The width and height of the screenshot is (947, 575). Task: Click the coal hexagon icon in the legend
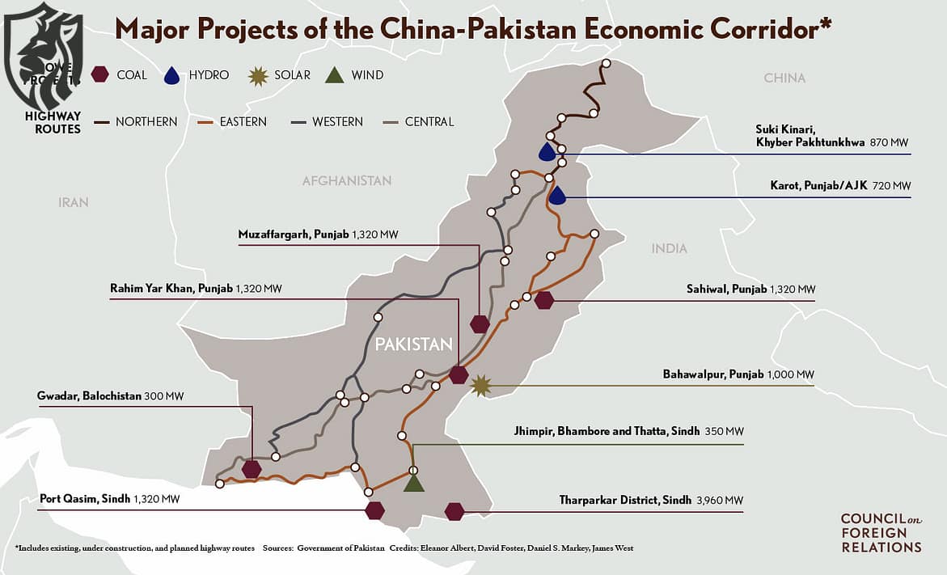coord(100,75)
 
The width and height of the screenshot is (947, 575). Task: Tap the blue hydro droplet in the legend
coord(171,75)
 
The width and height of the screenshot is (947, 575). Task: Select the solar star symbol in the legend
coord(257,75)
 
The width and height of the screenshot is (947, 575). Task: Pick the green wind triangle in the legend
coord(334,75)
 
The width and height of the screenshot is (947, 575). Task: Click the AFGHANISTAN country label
coord(347,181)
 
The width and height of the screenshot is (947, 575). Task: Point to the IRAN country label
coord(74,202)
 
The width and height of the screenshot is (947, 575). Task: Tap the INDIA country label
coord(669,249)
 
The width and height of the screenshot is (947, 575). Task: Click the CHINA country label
coord(784,78)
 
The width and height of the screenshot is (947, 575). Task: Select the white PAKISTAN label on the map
coord(413,345)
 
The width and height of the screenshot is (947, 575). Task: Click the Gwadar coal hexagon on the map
coord(252,468)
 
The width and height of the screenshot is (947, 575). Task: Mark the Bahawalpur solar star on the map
coord(481,386)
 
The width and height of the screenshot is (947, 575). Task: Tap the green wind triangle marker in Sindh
coord(414,483)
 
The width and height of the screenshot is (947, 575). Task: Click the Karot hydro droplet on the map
coord(557,195)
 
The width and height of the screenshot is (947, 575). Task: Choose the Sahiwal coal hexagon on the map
coord(543,300)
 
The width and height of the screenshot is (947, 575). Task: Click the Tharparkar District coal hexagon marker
coord(454,511)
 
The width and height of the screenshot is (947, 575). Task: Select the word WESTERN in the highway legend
coord(337,122)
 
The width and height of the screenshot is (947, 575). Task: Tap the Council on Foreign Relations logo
coord(881,533)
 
